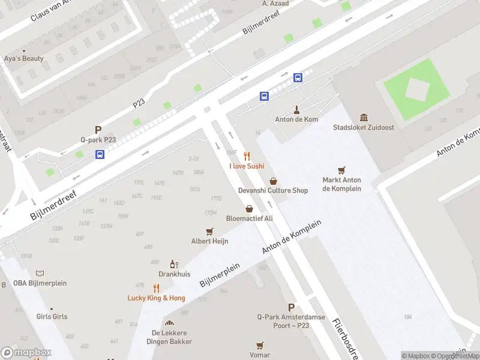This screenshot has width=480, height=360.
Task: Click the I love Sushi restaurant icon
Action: pos(247,156)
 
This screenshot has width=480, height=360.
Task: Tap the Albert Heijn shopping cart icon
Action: pos(209,231)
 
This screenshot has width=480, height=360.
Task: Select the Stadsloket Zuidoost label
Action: pos(364,127)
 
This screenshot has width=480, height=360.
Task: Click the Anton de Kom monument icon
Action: pos(296,110)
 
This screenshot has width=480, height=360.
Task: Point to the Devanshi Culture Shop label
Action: pos(273,190)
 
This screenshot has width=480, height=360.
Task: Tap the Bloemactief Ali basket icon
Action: pos(249,208)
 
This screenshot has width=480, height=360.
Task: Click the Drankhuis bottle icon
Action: pos(174,264)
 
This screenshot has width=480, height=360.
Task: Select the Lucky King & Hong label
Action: pos(156,298)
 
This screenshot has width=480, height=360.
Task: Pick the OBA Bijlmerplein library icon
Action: pos(40,274)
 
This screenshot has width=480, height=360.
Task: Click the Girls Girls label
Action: pos(52,316)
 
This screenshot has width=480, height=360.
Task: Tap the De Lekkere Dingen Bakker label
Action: pos(169,337)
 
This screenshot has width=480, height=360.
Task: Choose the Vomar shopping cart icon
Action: pos(260,345)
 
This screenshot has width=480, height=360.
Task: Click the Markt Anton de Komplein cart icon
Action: pos(341,170)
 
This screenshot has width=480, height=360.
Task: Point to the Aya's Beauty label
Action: pos(24,59)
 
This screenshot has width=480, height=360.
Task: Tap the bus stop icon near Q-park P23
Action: pos(100,154)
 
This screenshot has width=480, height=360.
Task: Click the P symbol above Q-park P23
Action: pos(98,130)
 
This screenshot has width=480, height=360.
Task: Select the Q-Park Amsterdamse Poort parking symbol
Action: pos(291,307)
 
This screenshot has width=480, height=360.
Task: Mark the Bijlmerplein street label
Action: pos(220,273)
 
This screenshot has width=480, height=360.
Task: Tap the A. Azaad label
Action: pos(275,4)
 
